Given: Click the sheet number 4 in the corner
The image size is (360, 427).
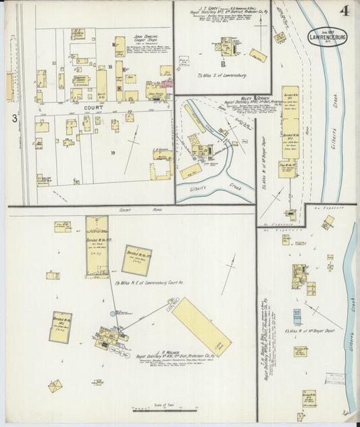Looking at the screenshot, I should (344, 11).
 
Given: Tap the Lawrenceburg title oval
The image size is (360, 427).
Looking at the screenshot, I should (327, 37).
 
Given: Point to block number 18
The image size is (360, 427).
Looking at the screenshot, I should (109, 68).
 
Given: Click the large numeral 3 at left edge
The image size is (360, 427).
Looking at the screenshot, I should (14, 118).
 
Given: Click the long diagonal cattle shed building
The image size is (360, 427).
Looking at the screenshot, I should (201, 326).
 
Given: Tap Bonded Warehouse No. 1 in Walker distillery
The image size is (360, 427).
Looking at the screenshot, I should (61, 327).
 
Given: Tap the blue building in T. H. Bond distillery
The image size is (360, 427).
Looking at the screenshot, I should (297, 316).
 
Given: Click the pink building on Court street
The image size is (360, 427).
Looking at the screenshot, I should (167, 84).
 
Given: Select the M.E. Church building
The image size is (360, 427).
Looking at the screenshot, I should (78, 34).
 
